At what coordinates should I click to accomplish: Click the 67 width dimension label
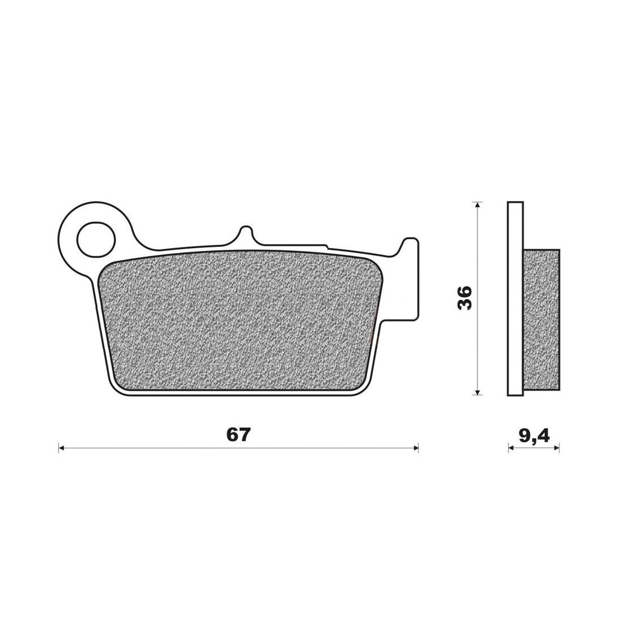239,435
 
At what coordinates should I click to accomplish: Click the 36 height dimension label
464,297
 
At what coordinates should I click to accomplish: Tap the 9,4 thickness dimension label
534,436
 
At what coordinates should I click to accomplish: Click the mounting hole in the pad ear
96,240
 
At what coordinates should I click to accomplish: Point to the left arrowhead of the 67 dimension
61,449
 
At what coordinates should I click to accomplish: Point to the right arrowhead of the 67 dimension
416,449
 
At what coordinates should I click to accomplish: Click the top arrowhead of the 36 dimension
478,205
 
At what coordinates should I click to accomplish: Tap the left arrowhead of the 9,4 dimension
511,449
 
